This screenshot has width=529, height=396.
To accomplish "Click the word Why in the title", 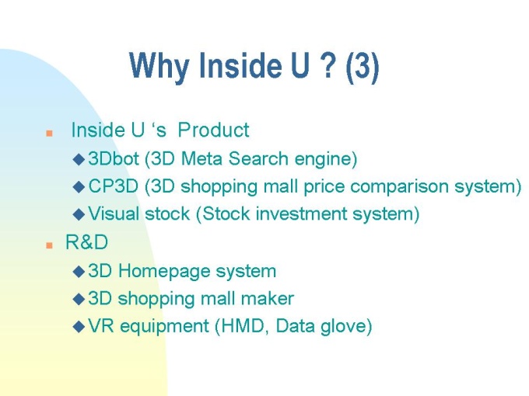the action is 159,65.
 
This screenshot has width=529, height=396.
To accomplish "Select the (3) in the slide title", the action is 363,66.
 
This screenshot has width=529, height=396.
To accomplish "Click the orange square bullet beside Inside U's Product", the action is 49,133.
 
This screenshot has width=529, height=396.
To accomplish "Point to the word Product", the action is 213,130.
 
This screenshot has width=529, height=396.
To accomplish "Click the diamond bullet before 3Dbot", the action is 79,159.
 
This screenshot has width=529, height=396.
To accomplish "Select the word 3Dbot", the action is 114,158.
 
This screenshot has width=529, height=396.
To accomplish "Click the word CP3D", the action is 114,186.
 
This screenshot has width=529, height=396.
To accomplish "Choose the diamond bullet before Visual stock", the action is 79,214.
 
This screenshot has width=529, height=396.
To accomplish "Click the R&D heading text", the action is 86,242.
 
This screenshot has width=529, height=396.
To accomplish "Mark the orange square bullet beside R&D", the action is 49,245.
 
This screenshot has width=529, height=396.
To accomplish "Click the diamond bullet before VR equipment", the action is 79,327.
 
